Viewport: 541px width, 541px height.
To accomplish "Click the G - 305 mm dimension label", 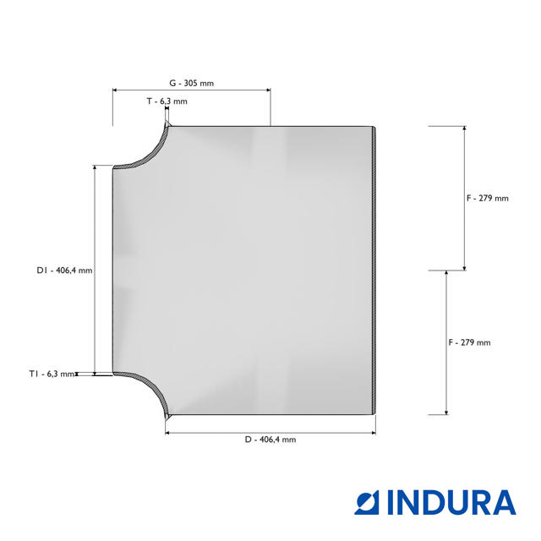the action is tap(192, 83).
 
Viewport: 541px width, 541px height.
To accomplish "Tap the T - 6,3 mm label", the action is tap(167, 101).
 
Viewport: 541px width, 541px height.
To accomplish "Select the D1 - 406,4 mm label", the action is tap(64, 270).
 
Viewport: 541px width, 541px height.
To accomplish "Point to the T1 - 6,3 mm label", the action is tap(52, 374).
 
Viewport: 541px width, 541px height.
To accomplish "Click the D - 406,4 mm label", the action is tap(270, 440).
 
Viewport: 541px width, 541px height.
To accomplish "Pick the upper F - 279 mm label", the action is tap(488, 199).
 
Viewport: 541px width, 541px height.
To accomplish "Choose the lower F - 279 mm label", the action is tap(469, 342).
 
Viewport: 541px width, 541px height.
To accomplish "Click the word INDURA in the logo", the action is tap(451, 503).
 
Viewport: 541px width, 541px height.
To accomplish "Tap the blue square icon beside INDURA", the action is tap(367, 503).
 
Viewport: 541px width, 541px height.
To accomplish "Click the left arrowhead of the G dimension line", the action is tap(115, 90).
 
